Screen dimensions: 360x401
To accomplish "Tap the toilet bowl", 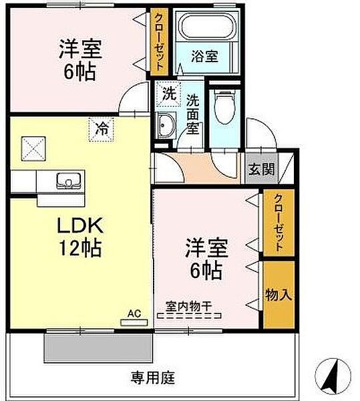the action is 224,107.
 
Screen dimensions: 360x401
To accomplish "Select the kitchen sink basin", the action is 69,181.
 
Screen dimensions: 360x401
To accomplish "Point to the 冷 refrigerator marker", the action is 102,130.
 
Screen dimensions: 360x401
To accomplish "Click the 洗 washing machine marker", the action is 168,94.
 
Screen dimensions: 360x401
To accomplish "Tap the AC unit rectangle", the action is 134,323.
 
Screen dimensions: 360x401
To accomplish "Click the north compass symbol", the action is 333,376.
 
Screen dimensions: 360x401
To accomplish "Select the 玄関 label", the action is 261,169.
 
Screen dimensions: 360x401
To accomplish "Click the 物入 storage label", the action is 279,295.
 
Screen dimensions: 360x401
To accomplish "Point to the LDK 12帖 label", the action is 81,237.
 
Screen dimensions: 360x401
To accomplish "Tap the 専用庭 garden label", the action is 153,378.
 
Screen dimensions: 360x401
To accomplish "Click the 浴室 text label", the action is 204,56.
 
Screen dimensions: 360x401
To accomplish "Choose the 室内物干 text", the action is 188,306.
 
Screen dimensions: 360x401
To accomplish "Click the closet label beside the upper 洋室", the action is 159,41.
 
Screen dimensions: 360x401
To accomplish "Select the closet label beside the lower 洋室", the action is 279,223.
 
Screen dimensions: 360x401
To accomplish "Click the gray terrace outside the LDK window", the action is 99,348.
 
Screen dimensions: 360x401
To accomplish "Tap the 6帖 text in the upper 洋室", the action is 79,72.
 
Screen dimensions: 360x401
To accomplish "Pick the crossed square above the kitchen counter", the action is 33,149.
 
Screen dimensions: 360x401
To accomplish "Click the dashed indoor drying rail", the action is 189,316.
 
